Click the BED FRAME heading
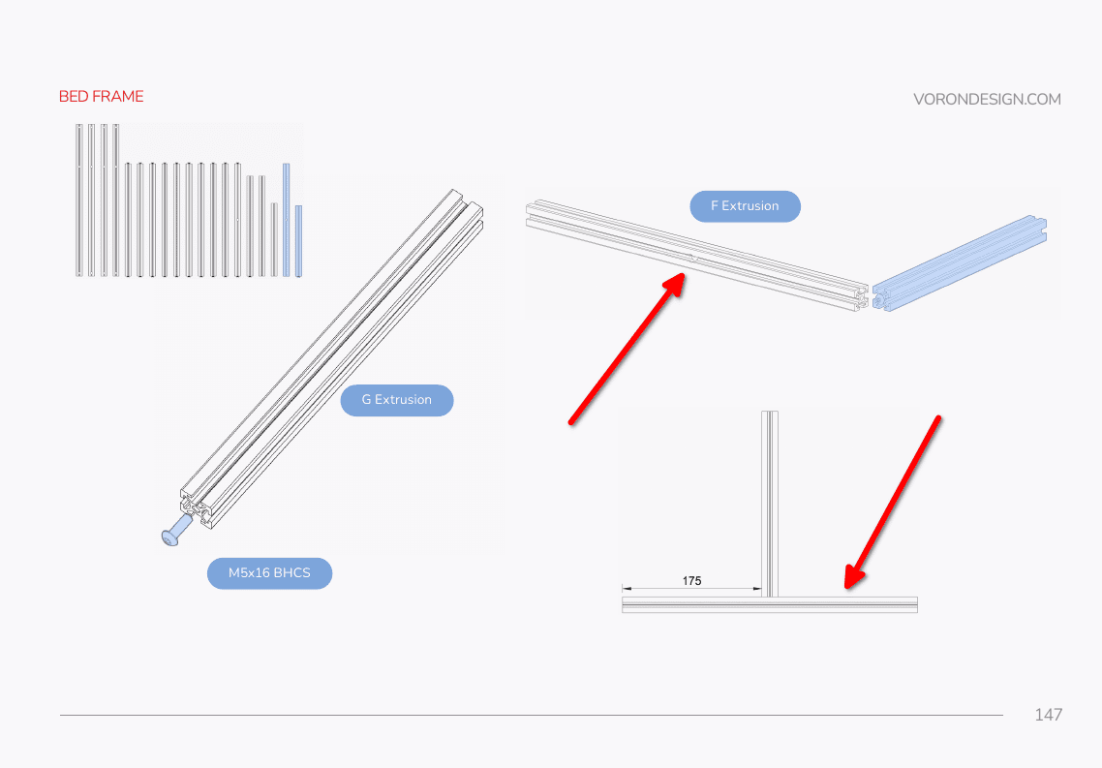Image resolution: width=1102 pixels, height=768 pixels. tap(102, 96)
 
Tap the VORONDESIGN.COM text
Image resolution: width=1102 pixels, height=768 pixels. tap(987, 99)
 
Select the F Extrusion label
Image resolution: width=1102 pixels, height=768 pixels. tap(745, 206)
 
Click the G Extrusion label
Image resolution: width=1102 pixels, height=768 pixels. tap(397, 400)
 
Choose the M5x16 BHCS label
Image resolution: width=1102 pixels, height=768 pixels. tap(269, 572)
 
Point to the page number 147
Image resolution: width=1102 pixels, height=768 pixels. tap(1048, 715)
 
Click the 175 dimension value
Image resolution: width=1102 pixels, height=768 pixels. tap(691, 580)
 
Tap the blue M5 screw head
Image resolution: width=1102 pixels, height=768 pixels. tap(170, 538)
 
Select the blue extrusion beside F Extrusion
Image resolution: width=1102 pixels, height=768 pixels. tap(960, 262)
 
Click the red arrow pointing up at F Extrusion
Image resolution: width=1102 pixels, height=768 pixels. tap(627, 350)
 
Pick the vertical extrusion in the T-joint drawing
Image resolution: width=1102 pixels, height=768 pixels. tap(770, 504)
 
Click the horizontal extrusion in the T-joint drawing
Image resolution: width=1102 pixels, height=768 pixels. tap(770, 605)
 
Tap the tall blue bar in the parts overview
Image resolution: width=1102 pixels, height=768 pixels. tap(286, 220)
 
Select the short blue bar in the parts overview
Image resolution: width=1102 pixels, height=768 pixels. tap(298, 241)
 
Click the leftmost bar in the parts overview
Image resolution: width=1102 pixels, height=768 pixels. tap(79, 200)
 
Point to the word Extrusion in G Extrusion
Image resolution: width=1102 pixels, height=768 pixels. tap(404, 400)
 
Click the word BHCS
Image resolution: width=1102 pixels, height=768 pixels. tap(291, 572)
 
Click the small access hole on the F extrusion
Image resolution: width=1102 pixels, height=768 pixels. tap(695, 259)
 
